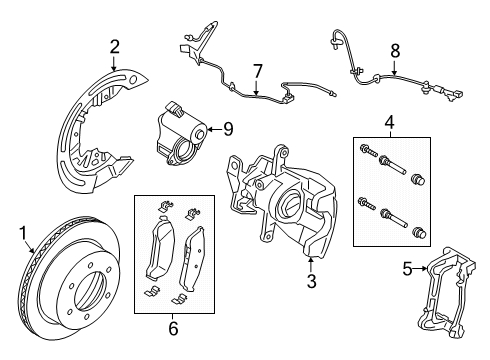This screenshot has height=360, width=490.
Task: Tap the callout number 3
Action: click(x=311, y=282)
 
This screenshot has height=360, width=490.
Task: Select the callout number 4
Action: click(x=388, y=123)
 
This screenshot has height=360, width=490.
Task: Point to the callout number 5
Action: click(x=408, y=268)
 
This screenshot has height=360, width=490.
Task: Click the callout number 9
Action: click(x=227, y=128)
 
